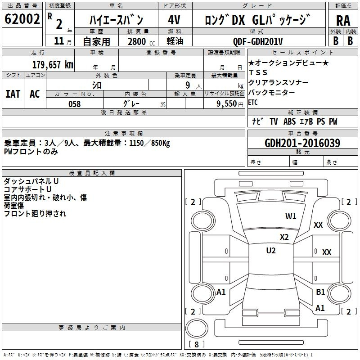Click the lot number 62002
click(22, 19)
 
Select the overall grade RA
click(343, 21)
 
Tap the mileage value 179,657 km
click(53, 64)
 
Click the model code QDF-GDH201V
click(257, 41)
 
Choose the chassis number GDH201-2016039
click(302, 143)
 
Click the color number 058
click(75, 104)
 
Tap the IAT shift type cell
click(13, 94)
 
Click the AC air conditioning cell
click(35, 94)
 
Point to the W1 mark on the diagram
click(291, 216)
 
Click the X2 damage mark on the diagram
click(284, 237)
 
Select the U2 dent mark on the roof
click(271, 250)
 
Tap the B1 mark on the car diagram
click(320, 292)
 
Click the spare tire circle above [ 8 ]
click(197, 328)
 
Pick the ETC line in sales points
click(253, 102)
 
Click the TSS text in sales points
click(258, 72)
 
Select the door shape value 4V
click(174, 20)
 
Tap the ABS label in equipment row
click(289, 121)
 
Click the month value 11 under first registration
click(59, 41)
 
